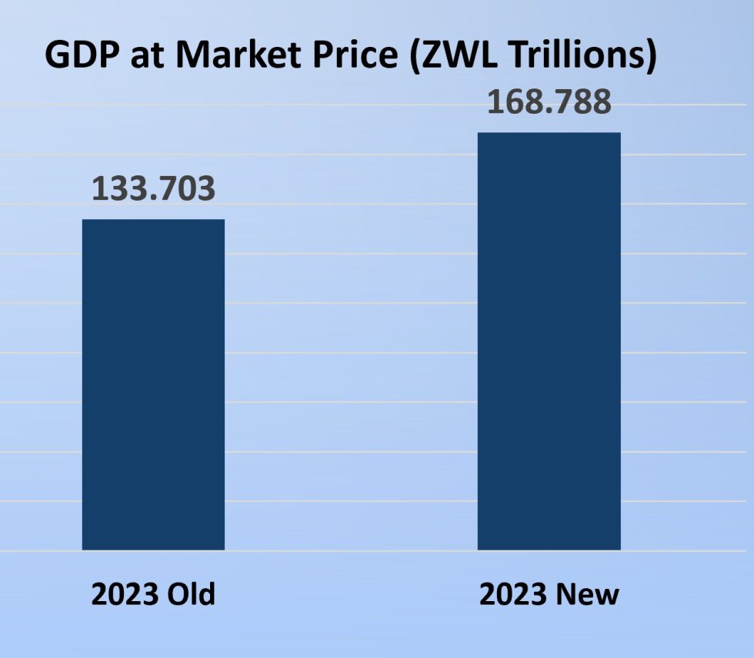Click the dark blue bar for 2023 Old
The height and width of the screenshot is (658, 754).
pos(153,384)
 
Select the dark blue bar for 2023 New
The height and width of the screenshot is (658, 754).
pos(549,341)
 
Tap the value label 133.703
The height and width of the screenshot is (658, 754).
pos(153,189)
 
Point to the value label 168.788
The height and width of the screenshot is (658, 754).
pos(549,102)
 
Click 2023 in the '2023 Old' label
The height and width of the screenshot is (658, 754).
pos(122,594)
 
